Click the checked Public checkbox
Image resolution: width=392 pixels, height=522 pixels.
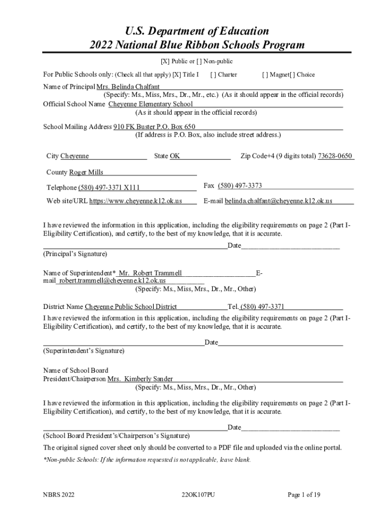point(164,62)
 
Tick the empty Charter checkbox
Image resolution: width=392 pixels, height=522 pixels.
point(213,74)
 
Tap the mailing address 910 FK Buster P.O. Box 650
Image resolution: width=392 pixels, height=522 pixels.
point(154,126)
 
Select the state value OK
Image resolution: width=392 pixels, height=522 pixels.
point(175,156)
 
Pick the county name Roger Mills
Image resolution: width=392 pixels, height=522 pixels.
point(86,172)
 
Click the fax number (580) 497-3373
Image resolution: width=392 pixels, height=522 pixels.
point(240,186)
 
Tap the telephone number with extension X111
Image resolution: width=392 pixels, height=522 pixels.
point(109,188)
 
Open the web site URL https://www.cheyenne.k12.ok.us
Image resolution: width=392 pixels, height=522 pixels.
point(135,201)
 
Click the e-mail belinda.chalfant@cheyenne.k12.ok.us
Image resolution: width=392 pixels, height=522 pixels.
point(278,201)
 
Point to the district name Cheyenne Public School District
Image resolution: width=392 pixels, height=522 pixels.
point(131,306)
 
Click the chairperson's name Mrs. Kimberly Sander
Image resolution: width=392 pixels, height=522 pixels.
point(140,379)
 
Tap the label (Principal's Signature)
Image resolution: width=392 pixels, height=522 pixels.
point(75,253)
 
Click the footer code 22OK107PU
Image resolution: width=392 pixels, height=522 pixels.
point(198,494)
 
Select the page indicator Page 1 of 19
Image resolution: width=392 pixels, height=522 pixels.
point(304,494)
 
